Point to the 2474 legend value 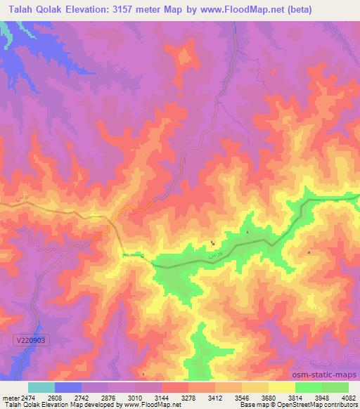click(28, 398)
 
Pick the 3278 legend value click(188, 398)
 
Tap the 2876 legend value click(108, 398)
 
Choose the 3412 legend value click(215, 398)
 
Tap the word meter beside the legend click(10, 398)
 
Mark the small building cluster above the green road click(213, 243)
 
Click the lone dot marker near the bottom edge click(143, 373)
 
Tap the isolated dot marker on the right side click(309, 252)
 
